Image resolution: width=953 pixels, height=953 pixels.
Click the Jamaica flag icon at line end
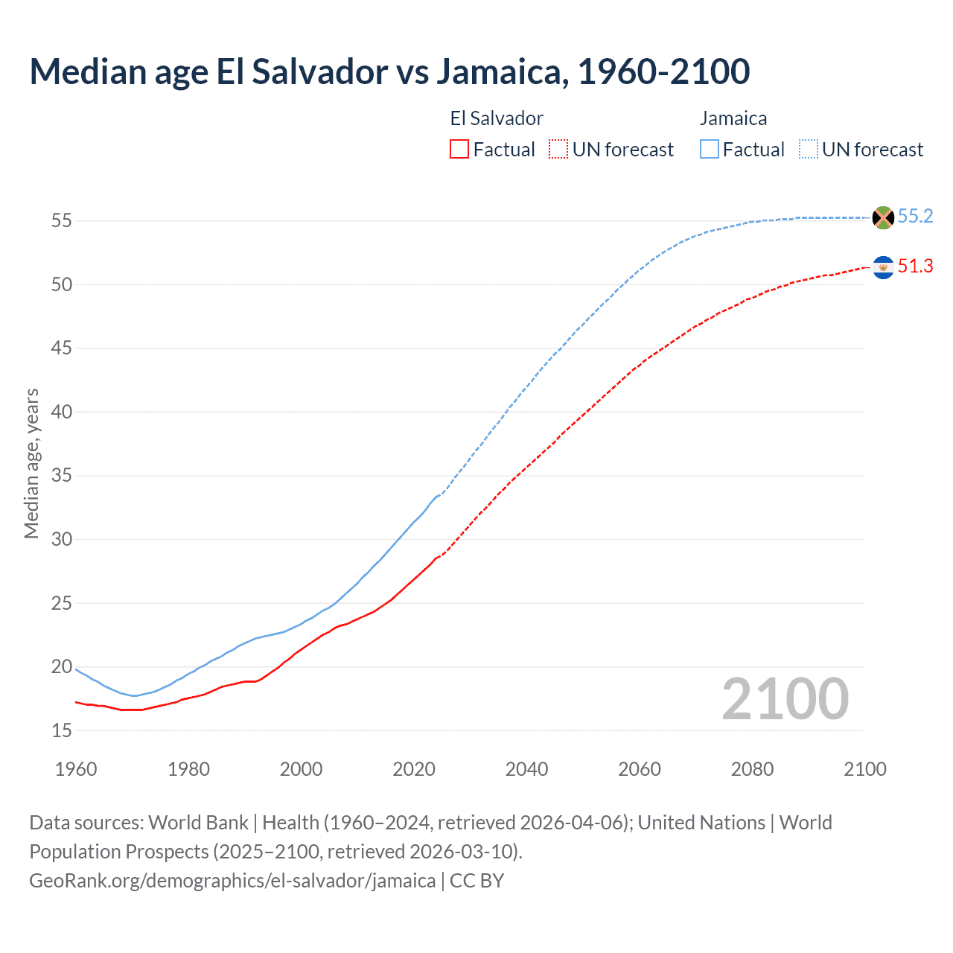tap(883, 217)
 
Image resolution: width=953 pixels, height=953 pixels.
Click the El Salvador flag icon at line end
tap(883, 267)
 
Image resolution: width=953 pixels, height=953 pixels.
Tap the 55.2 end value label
tap(915, 217)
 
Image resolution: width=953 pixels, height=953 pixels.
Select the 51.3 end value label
tap(915, 267)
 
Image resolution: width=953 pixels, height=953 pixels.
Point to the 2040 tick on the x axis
tap(526, 769)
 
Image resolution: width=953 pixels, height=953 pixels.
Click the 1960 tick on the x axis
tap(76, 769)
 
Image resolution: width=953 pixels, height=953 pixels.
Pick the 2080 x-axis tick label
tap(752, 769)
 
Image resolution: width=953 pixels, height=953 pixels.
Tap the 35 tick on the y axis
tap(62, 476)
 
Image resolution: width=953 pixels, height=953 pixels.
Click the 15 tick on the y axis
tap(62, 731)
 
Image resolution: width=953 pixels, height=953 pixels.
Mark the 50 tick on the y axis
tap(62, 285)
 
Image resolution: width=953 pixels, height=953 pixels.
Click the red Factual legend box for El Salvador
tap(459, 150)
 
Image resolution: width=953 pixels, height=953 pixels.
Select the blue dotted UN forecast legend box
tap(809, 150)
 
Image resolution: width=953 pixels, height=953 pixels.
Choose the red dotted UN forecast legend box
tap(558, 150)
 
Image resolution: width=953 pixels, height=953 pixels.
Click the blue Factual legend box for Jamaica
tap(710, 150)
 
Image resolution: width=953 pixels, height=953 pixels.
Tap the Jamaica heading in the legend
tap(733, 118)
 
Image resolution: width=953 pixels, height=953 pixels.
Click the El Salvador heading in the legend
tap(497, 118)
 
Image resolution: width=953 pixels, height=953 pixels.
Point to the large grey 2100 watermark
tap(785, 699)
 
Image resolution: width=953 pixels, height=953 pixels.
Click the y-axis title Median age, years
tap(31, 463)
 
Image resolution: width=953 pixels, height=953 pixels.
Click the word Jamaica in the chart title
tap(498, 71)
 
